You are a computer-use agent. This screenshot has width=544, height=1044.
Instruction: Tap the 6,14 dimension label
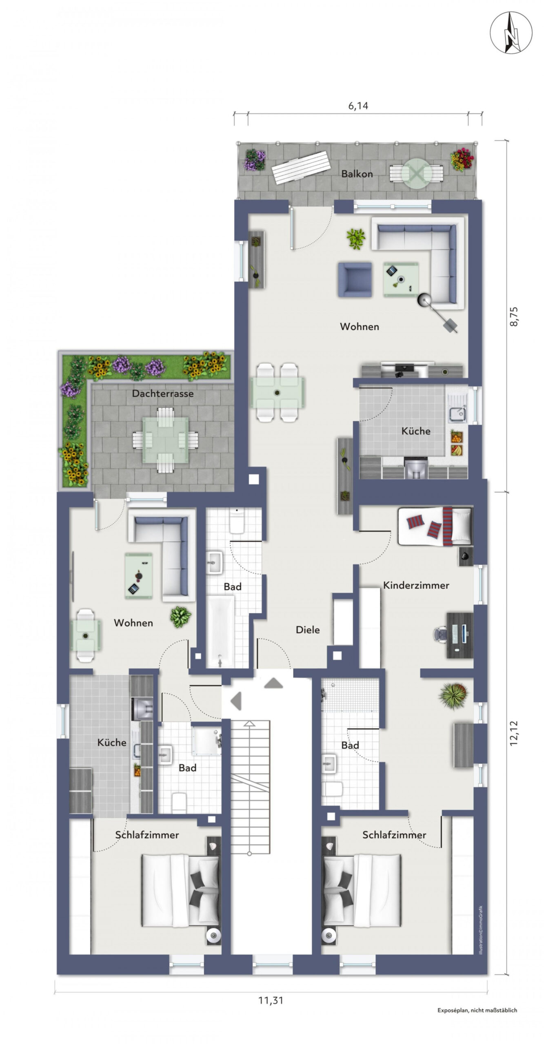click(x=358, y=106)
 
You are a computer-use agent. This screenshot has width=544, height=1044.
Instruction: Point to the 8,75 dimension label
click(x=513, y=316)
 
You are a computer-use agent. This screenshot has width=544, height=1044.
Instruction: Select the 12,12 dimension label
click(x=513, y=733)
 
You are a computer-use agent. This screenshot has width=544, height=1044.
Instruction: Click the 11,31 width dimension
click(x=271, y=1000)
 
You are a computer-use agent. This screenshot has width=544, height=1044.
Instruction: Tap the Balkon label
click(x=357, y=174)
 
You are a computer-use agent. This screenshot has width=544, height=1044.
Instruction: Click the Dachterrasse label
click(x=163, y=394)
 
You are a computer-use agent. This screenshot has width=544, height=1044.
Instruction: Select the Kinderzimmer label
click(x=416, y=585)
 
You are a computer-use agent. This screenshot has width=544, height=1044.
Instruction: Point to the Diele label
click(x=308, y=630)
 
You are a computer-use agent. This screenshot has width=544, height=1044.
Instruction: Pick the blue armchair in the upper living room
click(x=355, y=279)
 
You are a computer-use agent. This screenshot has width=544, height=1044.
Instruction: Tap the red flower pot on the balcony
click(x=462, y=159)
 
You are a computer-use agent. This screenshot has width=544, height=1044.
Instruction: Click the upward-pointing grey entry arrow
click(x=273, y=683)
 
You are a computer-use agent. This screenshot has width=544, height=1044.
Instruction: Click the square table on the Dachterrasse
click(x=165, y=440)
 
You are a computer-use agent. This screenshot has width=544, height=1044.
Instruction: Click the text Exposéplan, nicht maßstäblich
click(x=477, y=1010)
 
